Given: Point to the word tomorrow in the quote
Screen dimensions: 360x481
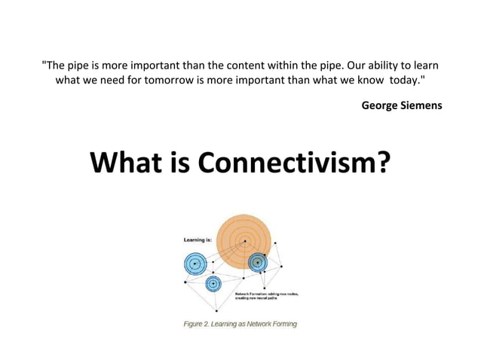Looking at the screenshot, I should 185,80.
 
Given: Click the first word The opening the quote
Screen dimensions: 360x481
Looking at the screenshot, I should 54,65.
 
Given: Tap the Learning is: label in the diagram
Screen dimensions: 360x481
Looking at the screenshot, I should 198,239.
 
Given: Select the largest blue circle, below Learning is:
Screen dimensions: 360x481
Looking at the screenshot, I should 195,264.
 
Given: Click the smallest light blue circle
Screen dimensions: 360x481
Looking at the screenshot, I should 213,284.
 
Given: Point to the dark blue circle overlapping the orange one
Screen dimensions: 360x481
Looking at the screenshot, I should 258,262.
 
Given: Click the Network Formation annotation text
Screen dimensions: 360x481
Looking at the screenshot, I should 267,296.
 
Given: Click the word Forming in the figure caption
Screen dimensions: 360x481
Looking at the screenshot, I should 282,325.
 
